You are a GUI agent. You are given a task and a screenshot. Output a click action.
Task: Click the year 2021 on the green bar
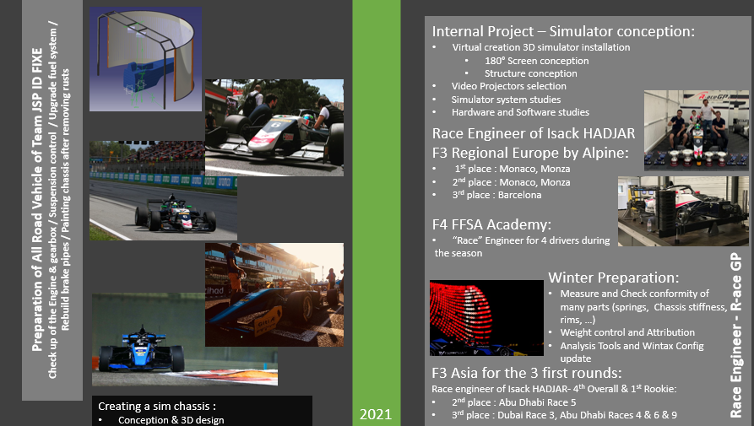(376, 414)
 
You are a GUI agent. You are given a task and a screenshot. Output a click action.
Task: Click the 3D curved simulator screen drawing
(145, 52)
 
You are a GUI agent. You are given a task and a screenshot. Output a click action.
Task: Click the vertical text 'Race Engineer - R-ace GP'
(736, 338)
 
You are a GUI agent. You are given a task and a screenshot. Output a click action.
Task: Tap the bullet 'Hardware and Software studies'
(520, 112)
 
